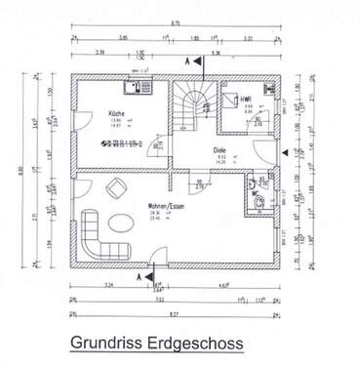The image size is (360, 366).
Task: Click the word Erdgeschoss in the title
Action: click(195, 344)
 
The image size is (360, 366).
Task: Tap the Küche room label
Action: click(116, 115)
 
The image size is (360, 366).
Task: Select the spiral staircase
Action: click(191, 101)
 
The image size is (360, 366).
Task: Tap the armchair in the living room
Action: click(116, 187)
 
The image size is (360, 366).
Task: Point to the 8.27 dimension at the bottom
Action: click(175, 312)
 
